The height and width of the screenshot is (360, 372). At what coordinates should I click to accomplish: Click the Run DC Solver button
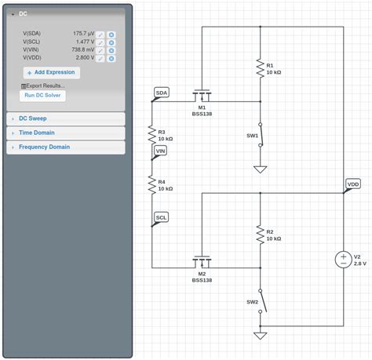tap(42, 96)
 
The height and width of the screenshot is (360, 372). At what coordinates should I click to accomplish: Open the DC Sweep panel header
tap(32, 118)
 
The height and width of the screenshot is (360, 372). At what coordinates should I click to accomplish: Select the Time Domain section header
tap(36, 133)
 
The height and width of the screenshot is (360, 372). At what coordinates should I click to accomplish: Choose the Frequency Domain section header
tap(44, 147)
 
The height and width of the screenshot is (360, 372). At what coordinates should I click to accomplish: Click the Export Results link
tap(43, 85)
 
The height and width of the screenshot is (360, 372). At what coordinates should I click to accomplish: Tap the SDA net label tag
tap(162, 93)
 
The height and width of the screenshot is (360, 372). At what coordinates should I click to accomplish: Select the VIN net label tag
tap(161, 151)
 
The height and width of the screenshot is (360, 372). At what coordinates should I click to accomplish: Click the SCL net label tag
tap(161, 217)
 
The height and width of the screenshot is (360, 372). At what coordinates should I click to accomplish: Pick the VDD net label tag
tap(353, 184)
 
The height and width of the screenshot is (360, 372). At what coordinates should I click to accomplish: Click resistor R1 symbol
tap(260, 68)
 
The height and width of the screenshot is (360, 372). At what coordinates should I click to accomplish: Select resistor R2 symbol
tap(260, 235)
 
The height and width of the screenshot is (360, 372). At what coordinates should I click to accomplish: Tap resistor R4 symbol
tap(152, 184)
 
